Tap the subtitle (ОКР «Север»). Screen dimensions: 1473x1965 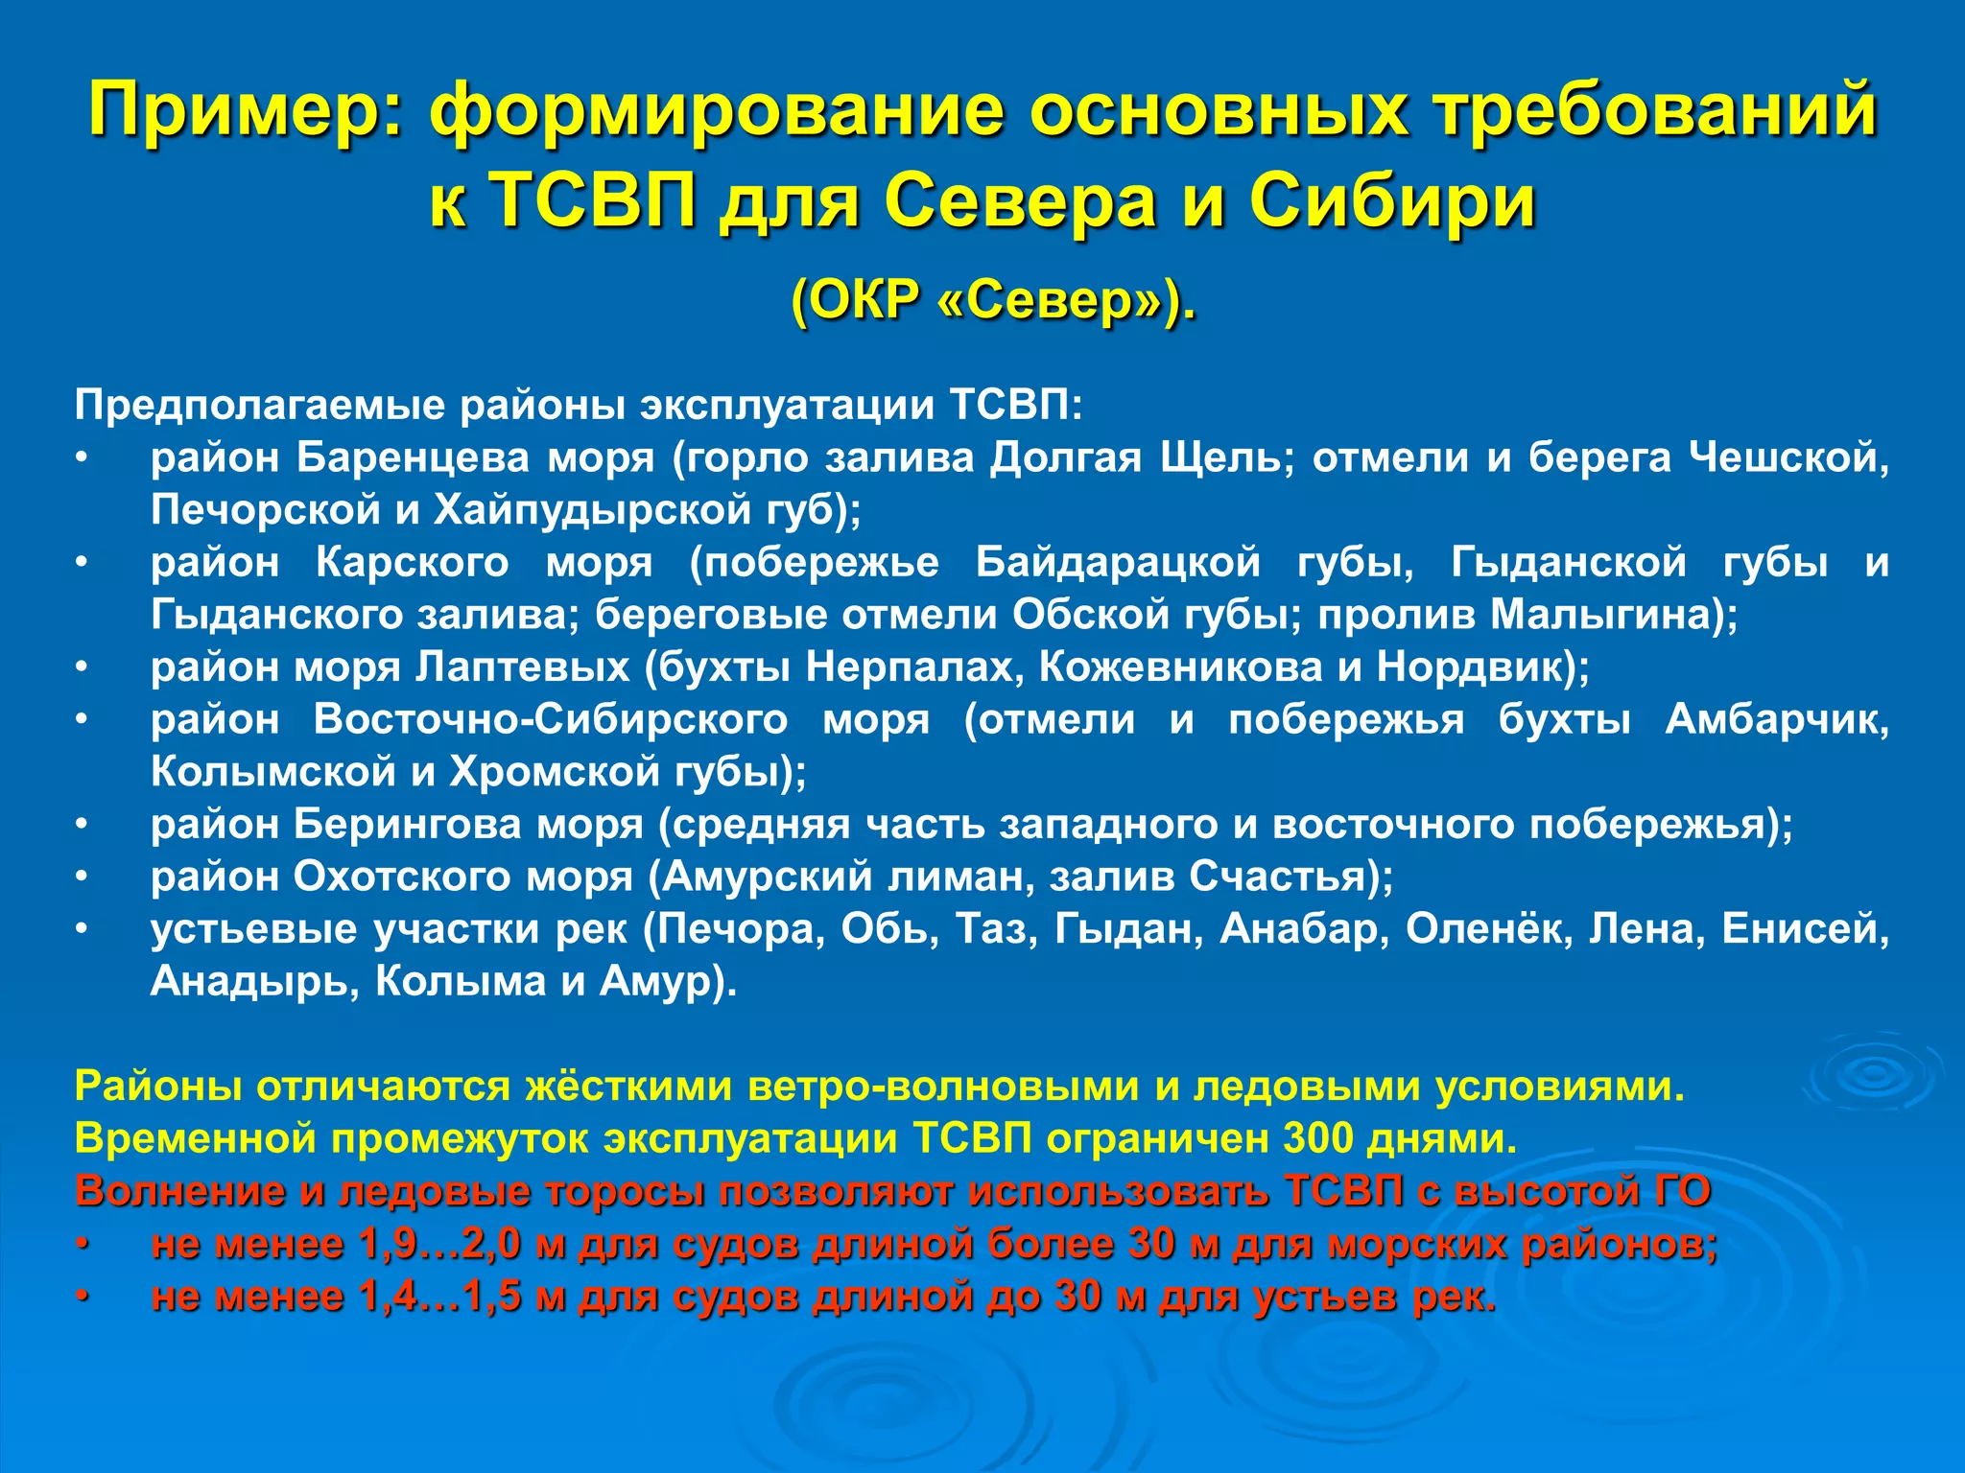(x=993, y=301)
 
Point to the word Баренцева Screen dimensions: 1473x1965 (x=413, y=457)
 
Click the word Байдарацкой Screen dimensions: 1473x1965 (x=1118, y=562)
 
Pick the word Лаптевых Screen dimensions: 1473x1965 (x=523, y=666)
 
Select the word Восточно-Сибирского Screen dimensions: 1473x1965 (x=551, y=719)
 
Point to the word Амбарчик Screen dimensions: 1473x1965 (x=1776, y=719)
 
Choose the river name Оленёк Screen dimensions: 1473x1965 (x=1488, y=928)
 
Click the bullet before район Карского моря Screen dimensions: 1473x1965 (x=83, y=562)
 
